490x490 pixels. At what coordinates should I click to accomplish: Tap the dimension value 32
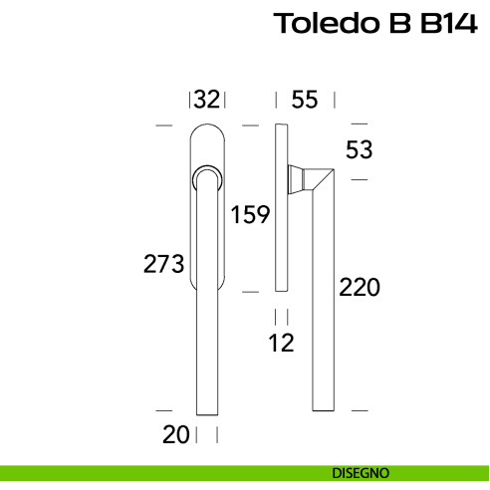[x=206, y=99]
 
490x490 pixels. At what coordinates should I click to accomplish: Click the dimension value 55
[x=304, y=99]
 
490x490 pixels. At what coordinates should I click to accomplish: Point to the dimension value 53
[x=359, y=150]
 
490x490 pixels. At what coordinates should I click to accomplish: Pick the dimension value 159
[x=250, y=214]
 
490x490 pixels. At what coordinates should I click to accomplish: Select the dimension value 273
[x=164, y=265]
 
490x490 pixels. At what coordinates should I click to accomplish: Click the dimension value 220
[x=360, y=289]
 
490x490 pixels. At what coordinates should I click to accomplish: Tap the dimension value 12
[x=281, y=344]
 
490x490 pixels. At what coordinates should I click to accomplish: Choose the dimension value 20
[x=176, y=435]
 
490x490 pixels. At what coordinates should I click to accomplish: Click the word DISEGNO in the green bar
[x=362, y=472]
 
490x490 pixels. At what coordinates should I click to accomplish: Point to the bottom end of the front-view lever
[x=207, y=406]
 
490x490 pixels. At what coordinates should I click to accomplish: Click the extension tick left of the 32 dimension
[x=189, y=99]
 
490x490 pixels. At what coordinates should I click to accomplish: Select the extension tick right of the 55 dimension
[x=336, y=99]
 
